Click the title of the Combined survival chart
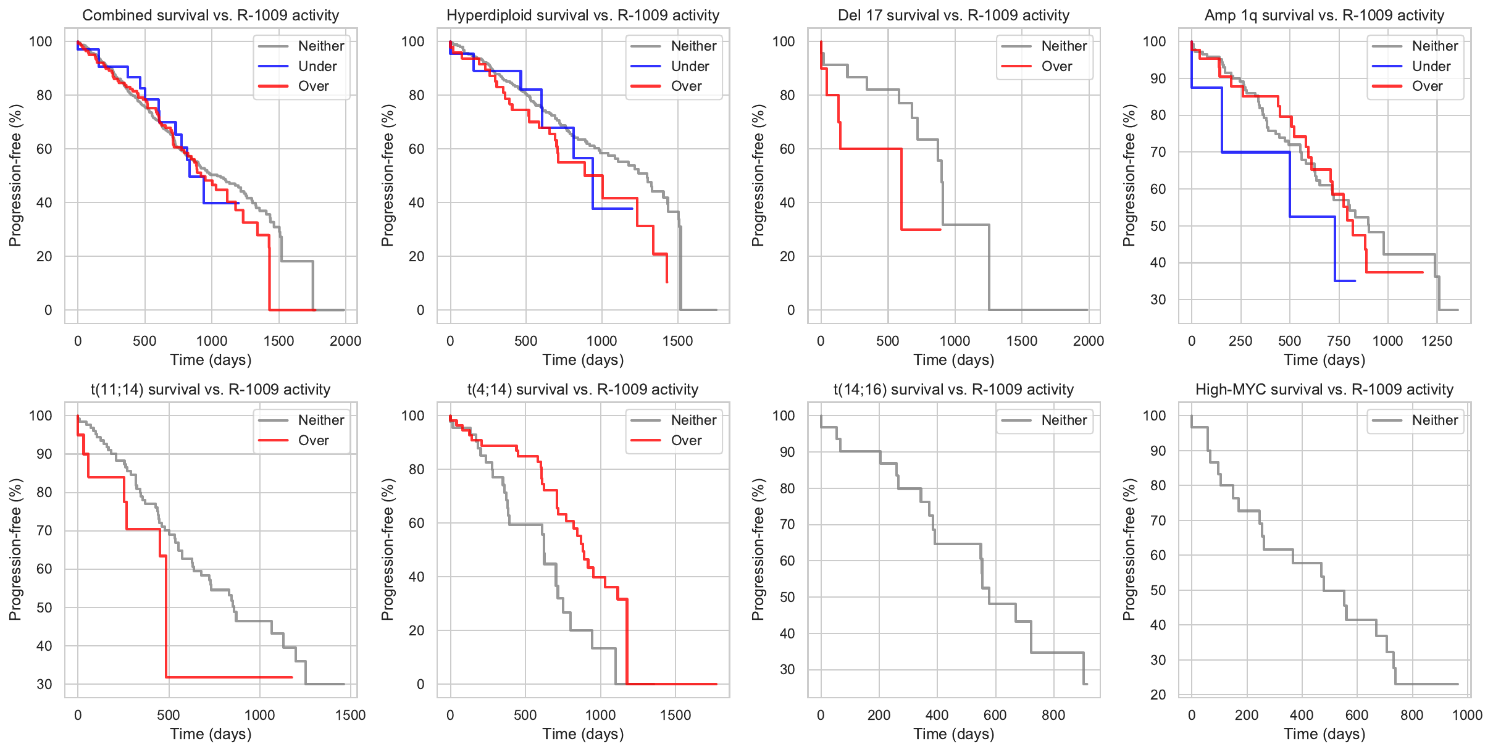[x=211, y=15]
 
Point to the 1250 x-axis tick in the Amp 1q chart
[x=1437, y=341]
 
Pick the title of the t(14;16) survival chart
[x=953, y=390]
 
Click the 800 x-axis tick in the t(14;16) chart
[x=1053, y=715]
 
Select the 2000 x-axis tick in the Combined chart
[x=345, y=341]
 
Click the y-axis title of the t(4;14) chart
[x=387, y=549]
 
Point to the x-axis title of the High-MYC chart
[x=1324, y=734]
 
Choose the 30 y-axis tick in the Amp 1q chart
[x=1158, y=299]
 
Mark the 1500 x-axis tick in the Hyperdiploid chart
[x=677, y=341]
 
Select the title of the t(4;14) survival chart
[x=583, y=390]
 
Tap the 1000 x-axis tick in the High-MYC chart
[x=1467, y=715]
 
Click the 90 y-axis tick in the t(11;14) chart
[x=44, y=454]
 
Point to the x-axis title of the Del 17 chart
[x=953, y=360]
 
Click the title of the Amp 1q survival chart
[x=1324, y=15]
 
